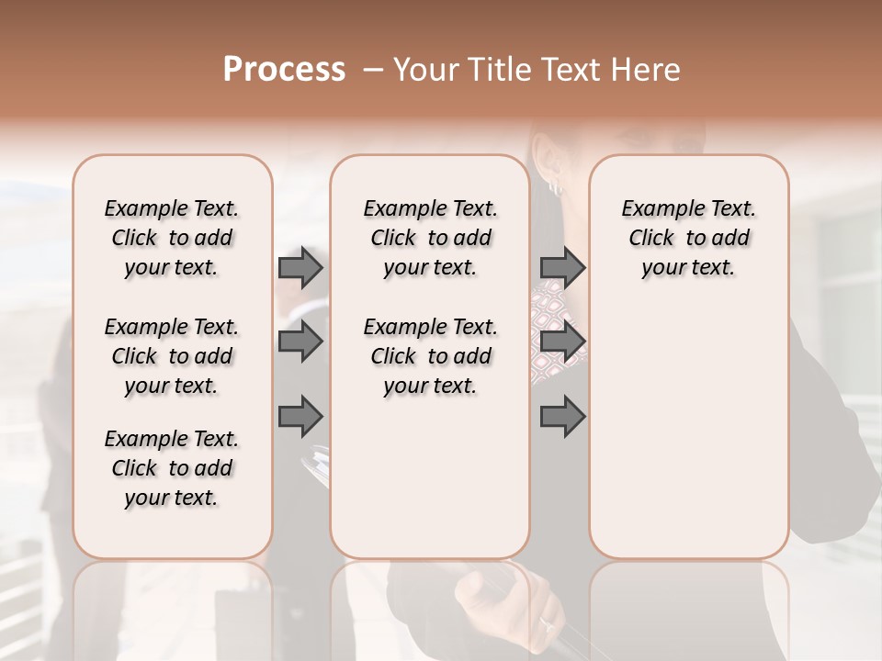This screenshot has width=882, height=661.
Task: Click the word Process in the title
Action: click(284, 70)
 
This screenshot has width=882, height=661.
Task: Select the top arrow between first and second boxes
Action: click(300, 267)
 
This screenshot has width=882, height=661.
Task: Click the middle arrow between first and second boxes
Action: click(300, 342)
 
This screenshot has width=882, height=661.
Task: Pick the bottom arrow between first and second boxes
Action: click(300, 417)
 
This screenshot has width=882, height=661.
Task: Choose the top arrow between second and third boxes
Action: click(562, 267)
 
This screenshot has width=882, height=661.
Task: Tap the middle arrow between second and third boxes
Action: click(562, 342)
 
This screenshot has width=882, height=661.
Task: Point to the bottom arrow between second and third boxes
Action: click(562, 417)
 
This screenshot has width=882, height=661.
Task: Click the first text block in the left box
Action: click(172, 238)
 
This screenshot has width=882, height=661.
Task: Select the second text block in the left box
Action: click(172, 356)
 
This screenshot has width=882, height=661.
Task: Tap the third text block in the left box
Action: click(172, 468)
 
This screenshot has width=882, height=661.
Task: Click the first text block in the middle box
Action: click(430, 238)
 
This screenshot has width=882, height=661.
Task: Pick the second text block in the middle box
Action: click(430, 356)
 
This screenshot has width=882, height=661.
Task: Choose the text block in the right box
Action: click(688, 238)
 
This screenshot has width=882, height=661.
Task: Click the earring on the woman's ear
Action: click(555, 186)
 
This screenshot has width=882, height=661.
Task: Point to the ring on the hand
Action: click(548, 623)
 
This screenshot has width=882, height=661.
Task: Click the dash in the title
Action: click(373, 70)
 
